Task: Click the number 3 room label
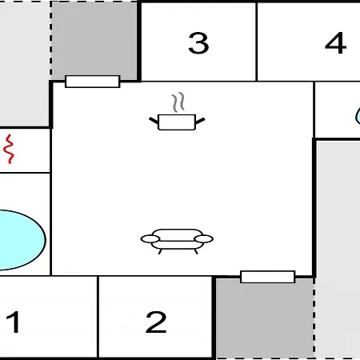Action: click(x=198, y=43)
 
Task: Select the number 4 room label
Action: click(x=336, y=43)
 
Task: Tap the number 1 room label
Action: click(x=14, y=322)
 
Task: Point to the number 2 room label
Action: click(x=156, y=322)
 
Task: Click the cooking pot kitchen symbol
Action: click(x=177, y=122)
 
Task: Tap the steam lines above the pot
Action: click(x=178, y=102)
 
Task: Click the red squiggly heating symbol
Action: click(x=9, y=149)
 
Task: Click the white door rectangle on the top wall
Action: click(x=93, y=82)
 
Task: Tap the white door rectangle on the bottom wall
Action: click(x=268, y=277)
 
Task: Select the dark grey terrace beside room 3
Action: click(x=94, y=40)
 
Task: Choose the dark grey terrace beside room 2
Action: click(x=265, y=318)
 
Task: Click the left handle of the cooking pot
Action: click(x=154, y=121)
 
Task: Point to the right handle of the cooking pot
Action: click(x=200, y=121)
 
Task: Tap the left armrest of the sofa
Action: click(x=150, y=239)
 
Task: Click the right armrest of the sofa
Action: click(x=204, y=239)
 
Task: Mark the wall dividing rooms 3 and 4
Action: click(x=257, y=42)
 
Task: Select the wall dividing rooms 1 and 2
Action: click(x=98, y=317)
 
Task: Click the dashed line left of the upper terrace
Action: click(x=50, y=40)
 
